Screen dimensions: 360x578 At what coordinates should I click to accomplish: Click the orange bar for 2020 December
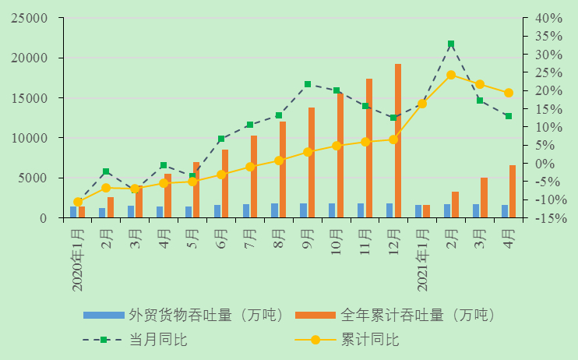click(x=398, y=141)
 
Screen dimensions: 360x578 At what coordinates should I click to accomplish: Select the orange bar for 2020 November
click(x=369, y=148)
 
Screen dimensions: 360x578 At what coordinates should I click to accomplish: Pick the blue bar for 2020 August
click(x=274, y=210)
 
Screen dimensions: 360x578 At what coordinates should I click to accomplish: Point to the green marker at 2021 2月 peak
click(x=451, y=44)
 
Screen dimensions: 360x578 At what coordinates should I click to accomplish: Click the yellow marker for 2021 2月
click(x=451, y=75)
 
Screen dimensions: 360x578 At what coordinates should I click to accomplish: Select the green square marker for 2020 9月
click(x=308, y=84)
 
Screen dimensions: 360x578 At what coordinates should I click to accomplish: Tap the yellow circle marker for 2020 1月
click(x=78, y=202)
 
